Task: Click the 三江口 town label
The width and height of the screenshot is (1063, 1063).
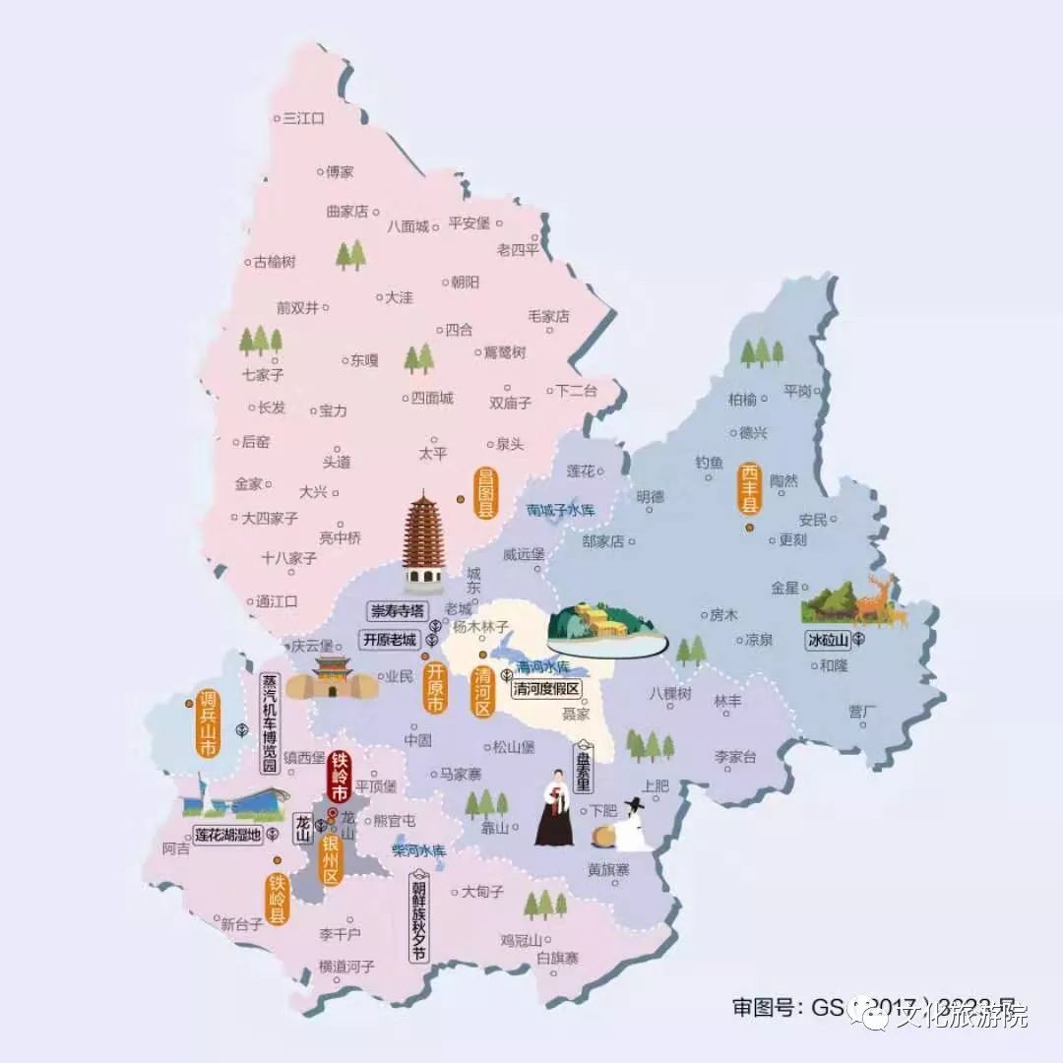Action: [x=303, y=118]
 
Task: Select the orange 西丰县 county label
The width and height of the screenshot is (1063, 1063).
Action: [x=751, y=489]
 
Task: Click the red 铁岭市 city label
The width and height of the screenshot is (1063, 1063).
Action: [x=340, y=777]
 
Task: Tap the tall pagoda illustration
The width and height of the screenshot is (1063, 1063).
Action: [x=424, y=542]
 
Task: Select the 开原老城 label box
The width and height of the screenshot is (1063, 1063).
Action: [x=390, y=638]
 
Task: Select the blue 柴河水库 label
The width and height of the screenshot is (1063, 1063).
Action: [x=419, y=849]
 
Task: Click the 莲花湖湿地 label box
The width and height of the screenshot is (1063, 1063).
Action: [x=227, y=835]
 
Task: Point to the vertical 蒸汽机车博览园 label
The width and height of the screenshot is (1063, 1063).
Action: [x=269, y=722]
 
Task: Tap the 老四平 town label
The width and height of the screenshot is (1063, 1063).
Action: [x=518, y=250]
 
